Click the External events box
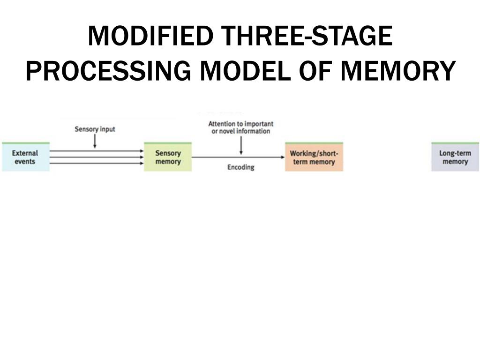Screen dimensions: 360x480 (x=25, y=157)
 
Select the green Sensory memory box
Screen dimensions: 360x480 (x=168, y=157)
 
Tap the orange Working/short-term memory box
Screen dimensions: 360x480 (x=314, y=157)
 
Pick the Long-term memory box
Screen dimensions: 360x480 (x=455, y=157)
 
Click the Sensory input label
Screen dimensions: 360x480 (x=95, y=129)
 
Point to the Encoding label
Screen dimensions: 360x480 (x=240, y=167)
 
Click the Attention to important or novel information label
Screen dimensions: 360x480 (x=240, y=127)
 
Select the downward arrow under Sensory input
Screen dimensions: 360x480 (x=95, y=141)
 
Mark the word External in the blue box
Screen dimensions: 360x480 (x=25, y=153)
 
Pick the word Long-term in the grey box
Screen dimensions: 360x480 (x=455, y=153)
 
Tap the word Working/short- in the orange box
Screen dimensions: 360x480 (x=314, y=153)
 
